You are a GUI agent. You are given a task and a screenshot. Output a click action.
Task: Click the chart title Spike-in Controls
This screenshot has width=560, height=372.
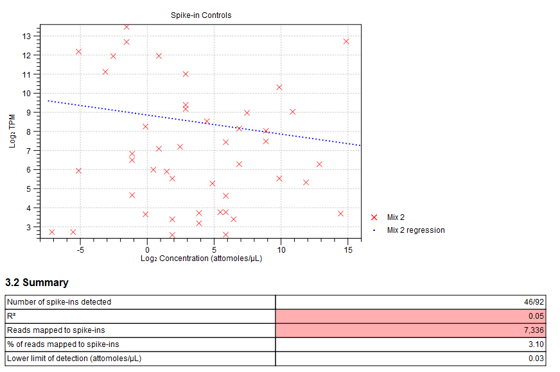point(201,15)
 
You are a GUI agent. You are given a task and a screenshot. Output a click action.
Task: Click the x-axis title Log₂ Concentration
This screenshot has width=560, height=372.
point(201,258)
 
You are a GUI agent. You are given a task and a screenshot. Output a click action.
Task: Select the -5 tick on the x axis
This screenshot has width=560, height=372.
point(80,249)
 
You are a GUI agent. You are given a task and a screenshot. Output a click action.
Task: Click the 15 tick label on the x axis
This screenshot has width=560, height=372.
point(347,249)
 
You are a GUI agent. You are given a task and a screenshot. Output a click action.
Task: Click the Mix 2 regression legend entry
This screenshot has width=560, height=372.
point(416,230)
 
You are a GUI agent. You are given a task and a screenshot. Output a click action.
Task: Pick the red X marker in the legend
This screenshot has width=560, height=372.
point(375,217)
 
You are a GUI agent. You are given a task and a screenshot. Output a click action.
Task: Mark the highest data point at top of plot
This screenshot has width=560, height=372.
point(127,27)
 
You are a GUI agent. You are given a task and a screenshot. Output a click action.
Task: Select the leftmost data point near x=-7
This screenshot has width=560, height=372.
point(52,232)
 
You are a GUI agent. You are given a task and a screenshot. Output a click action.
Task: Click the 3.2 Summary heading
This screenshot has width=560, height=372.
point(37,283)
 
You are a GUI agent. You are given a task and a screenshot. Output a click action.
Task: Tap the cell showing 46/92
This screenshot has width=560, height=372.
point(534,301)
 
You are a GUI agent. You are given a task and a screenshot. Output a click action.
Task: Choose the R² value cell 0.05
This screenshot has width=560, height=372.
point(538,316)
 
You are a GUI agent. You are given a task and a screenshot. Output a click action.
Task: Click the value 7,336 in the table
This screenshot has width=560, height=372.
point(534,330)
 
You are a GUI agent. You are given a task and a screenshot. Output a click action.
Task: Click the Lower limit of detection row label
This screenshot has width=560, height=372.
point(74,358)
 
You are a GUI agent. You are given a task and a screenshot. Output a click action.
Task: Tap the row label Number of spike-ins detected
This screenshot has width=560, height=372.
point(58,301)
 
